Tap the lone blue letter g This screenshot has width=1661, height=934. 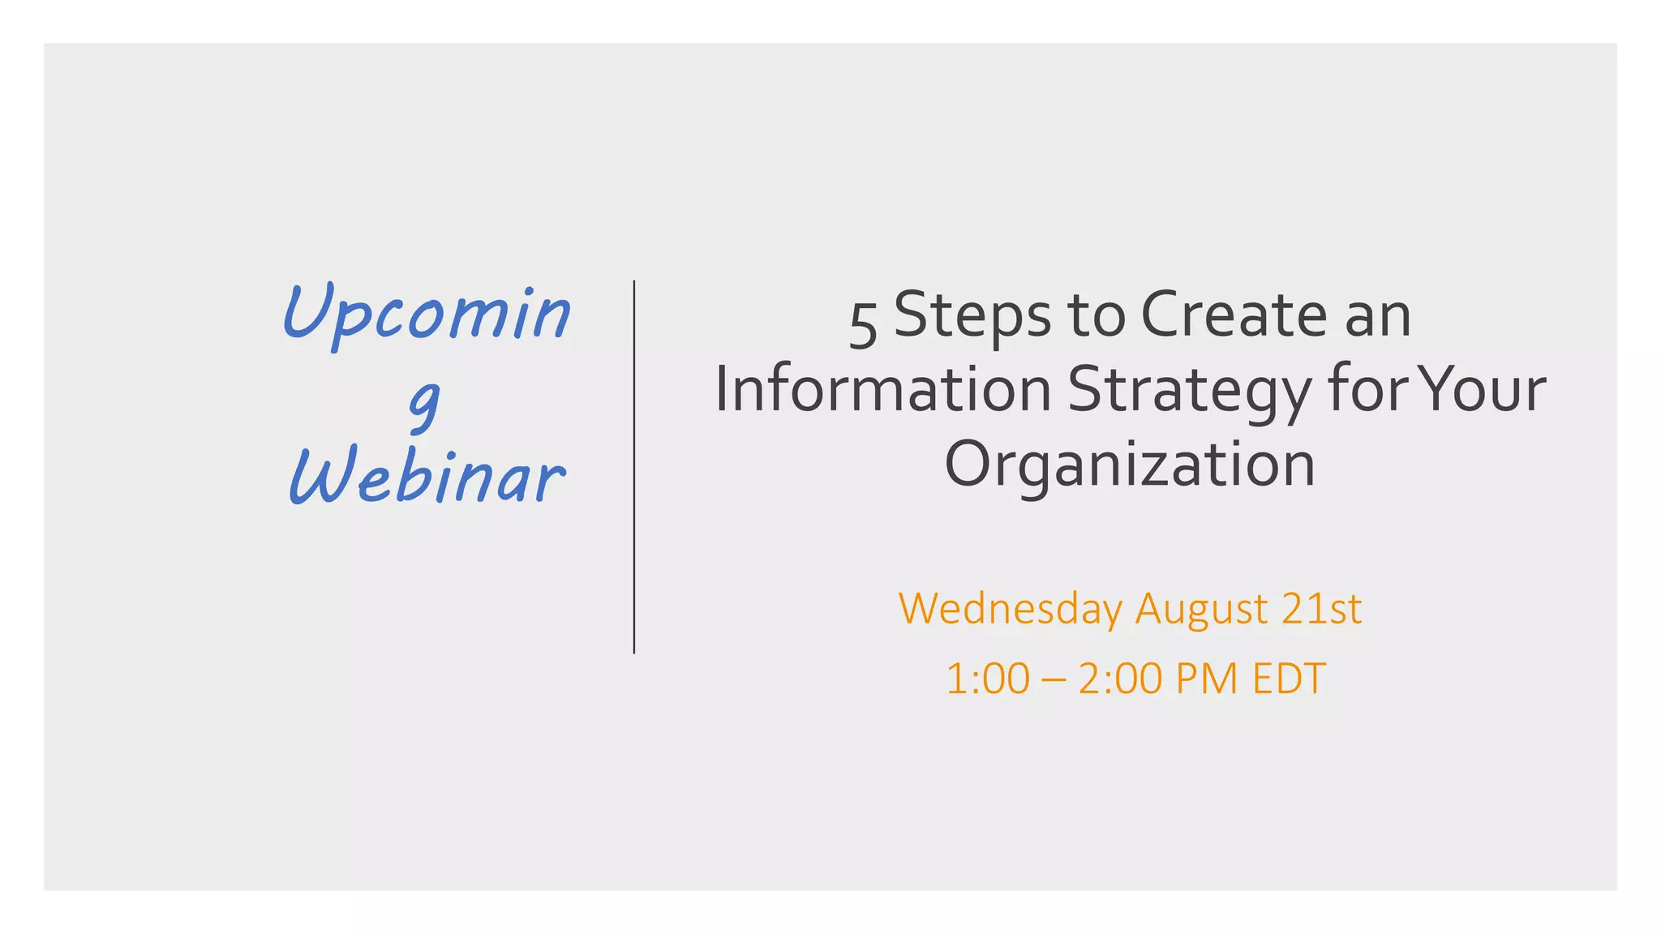click(x=424, y=403)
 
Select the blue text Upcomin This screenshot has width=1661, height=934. click(x=427, y=314)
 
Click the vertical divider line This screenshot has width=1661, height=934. click(x=634, y=467)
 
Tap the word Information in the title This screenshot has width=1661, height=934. click(x=882, y=389)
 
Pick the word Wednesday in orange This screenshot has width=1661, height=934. click(x=1011, y=609)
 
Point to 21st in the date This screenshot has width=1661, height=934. click(x=1322, y=609)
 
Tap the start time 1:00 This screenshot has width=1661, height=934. click(x=987, y=679)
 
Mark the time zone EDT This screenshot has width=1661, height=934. click(x=1290, y=679)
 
